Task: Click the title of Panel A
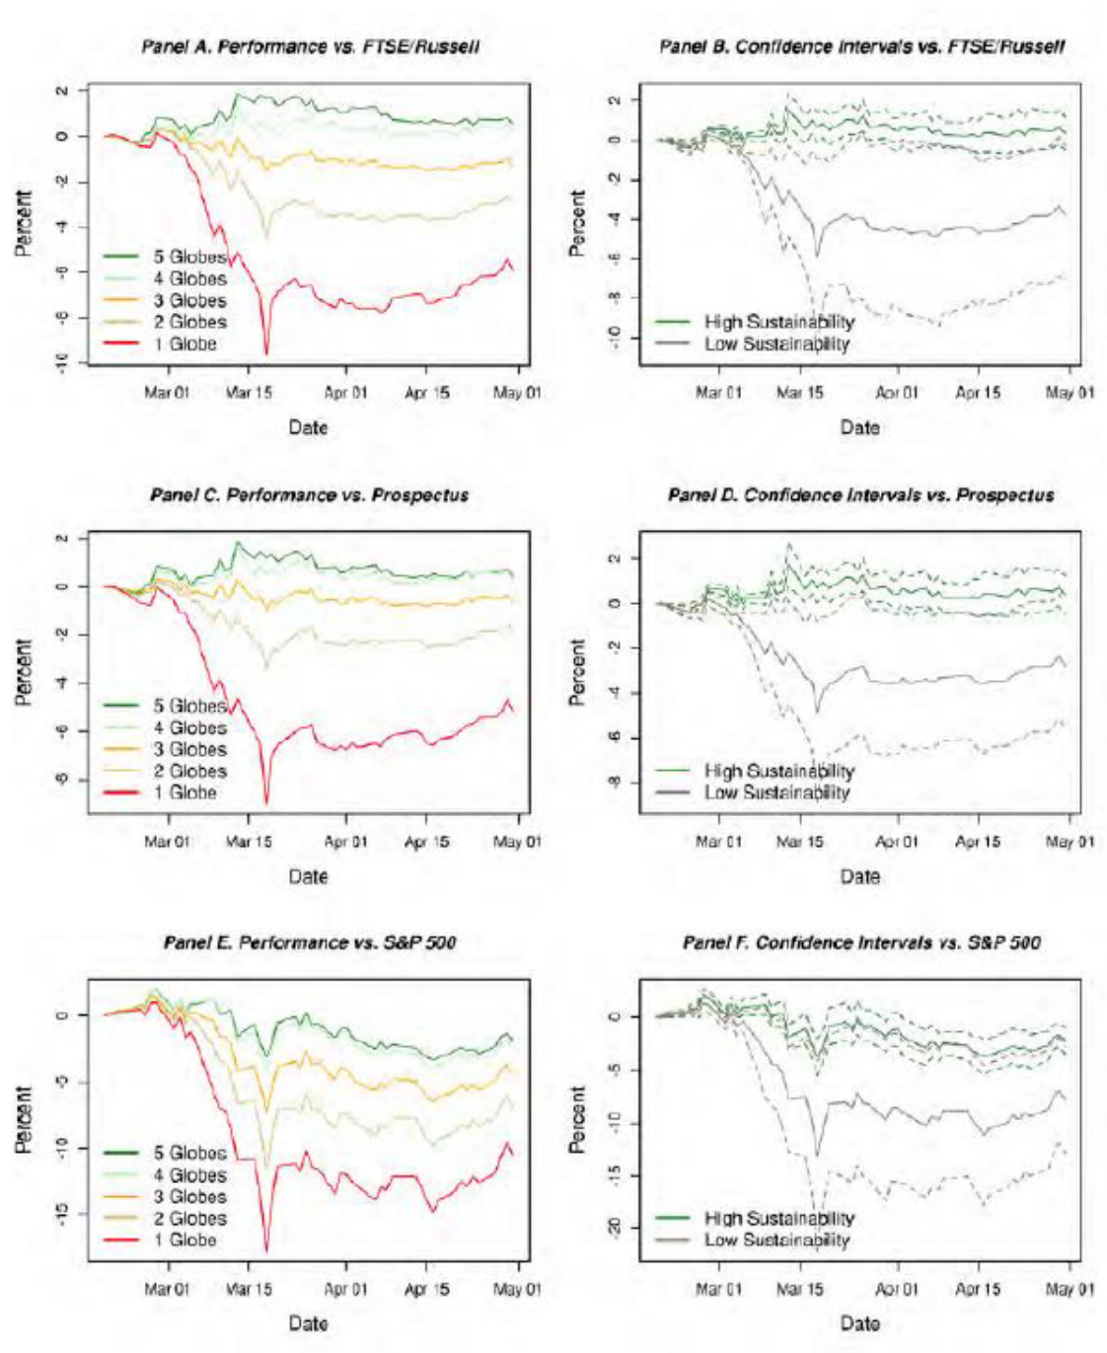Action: tap(310, 46)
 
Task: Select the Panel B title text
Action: tap(861, 46)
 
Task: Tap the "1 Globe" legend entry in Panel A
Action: tap(184, 344)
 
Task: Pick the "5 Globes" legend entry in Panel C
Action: tap(189, 707)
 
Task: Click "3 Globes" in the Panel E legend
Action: tap(189, 1197)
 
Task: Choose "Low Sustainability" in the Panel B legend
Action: tap(776, 344)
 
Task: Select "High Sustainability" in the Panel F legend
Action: tap(778, 1219)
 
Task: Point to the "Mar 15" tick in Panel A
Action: tap(249, 393)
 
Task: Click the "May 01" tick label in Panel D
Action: tap(1070, 842)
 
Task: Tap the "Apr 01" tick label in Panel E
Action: tap(345, 1289)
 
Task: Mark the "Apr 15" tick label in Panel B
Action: tap(978, 393)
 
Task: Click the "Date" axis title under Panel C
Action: tap(308, 876)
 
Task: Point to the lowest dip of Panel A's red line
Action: tap(266, 353)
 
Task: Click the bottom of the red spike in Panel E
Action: tap(266, 1250)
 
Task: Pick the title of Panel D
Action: tap(860, 494)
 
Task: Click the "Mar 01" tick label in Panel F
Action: tap(718, 1289)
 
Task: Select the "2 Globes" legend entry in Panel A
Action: tap(189, 323)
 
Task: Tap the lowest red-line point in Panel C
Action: tap(266, 802)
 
